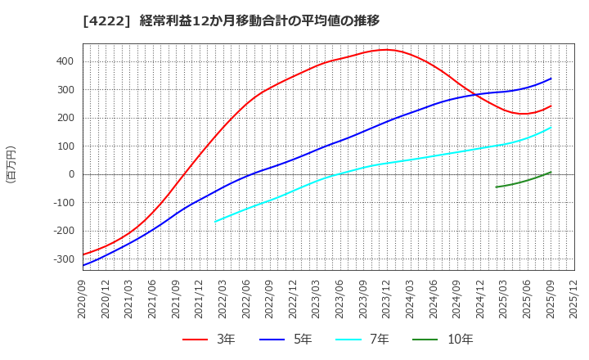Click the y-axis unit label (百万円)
tap(11, 164)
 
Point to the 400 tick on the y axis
tap(65, 61)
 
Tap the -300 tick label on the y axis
tap(61, 259)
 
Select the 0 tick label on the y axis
tap(71, 174)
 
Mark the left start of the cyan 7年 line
tap(215, 221)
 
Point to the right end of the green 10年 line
tap(551, 172)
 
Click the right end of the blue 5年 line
tap(551, 79)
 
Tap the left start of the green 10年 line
tap(496, 187)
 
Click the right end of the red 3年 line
tap(551, 106)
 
